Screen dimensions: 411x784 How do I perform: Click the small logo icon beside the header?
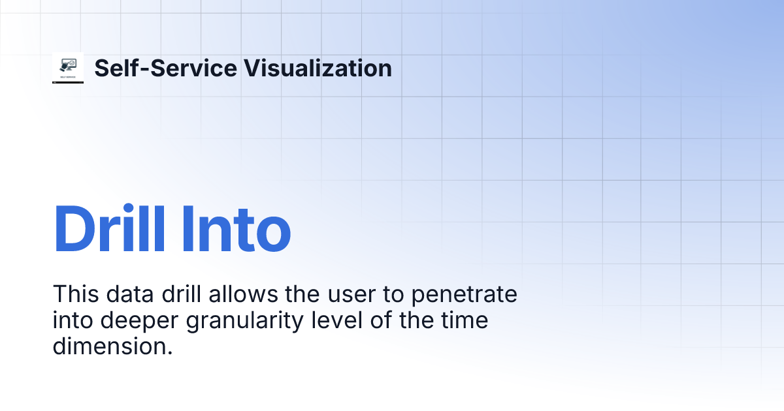(x=68, y=68)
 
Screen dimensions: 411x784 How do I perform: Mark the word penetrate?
(x=465, y=294)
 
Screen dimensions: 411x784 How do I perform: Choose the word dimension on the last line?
(x=112, y=346)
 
